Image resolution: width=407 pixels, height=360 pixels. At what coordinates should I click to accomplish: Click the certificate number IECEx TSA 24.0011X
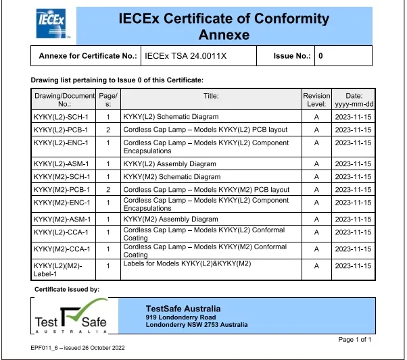[x=186, y=55]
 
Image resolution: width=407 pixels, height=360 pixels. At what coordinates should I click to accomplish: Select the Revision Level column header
[x=316, y=100]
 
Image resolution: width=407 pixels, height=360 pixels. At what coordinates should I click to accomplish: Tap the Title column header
[x=211, y=96]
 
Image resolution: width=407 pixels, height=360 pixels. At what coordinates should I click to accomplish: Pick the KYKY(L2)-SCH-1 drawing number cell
[x=62, y=117]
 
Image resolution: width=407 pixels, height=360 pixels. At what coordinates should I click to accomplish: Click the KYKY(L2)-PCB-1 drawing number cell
[x=62, y=130]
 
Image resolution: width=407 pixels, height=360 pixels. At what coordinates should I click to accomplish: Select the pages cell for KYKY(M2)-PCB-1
[x=107, y=190]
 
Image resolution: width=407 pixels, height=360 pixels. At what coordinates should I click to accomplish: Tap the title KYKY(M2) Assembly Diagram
[x=170, y=220]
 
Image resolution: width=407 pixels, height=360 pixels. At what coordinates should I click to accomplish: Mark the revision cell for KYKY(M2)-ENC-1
[x=316, y=203]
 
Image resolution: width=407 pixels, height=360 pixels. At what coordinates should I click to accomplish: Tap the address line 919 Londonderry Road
[x=181, y=317]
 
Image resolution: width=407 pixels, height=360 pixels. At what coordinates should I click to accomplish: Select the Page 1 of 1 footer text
[x=354, y=339]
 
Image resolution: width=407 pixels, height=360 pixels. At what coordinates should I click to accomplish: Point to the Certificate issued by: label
[x=67, y=289]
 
